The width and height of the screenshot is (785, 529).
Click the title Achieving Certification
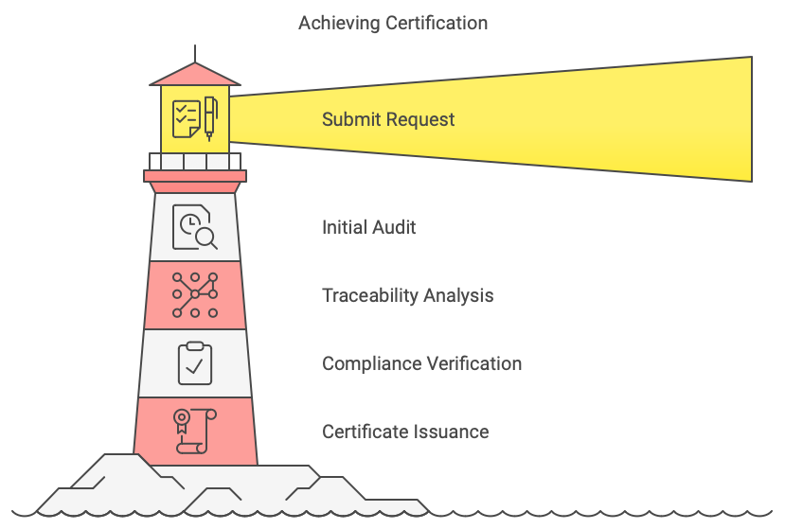click(x=393, y=23)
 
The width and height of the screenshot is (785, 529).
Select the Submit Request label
click(x=388, y=120)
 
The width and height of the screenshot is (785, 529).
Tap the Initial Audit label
click(x=368, y=227)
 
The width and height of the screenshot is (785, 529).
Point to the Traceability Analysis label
click(x=407, y=295)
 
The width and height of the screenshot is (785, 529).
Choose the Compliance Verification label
click(x=421, y=363)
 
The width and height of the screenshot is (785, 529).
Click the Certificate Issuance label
click(x=405, y=432)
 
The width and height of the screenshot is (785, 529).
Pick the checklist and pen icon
click(x=195, y=118)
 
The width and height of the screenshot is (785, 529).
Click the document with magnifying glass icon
click(x=195, y=228)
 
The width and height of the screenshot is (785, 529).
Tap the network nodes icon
click(x=195, y=295)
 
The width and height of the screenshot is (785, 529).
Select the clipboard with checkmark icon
click(x=195, y=362)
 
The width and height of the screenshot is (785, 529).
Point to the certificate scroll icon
click(x=195, y=431)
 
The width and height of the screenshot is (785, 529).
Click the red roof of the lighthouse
click(x=195, y=74)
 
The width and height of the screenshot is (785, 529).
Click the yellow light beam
click(x=568, y=118)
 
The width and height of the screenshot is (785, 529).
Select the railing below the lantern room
click(x=195, y=161)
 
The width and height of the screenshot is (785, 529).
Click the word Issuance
click(x=451, y=432)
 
